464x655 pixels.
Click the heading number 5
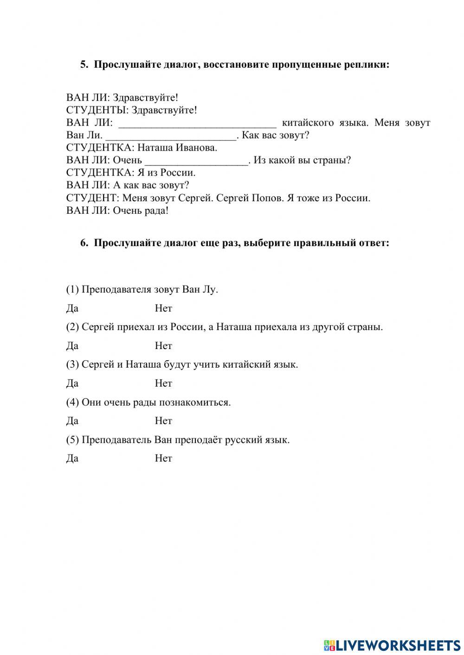point(84,64)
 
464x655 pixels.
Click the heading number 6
point(84,243)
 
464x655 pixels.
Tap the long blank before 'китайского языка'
point(198,123)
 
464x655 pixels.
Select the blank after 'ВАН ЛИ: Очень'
point(197,161)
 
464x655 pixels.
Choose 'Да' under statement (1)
point(72,308)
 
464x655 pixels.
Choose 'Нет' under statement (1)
point(163,308)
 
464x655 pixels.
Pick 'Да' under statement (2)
point(72,346)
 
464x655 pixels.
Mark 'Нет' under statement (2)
point(163,346)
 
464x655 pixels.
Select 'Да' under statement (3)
point(72,383)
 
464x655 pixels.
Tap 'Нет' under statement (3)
point(163,383)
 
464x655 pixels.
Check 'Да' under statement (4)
point(72,421)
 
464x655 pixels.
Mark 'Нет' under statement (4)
point(163,421)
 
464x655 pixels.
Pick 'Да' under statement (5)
point(72,458)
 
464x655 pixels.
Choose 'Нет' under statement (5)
point(163,458)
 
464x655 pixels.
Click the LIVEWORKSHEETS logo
point(392,645)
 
